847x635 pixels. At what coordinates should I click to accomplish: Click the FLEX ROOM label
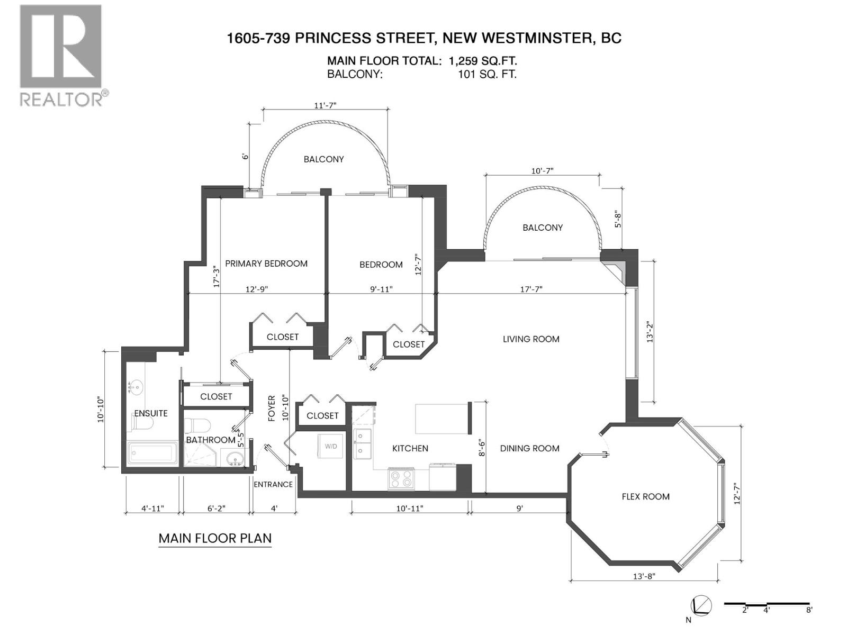pos(645,496)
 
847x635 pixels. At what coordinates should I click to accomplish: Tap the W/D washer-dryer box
pos(331,446)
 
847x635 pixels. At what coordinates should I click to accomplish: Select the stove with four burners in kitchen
pos(401,479)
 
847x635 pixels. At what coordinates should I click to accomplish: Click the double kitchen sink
pos(363,443)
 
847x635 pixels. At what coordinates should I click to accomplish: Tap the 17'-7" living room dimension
pos(531,289)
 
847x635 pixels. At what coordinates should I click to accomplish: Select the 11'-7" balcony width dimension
pos(325,105)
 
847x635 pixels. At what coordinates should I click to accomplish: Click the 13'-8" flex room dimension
pos(644,576)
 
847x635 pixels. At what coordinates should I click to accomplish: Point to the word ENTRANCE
pos(273,484)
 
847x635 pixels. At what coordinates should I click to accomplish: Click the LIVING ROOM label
pos(530,339)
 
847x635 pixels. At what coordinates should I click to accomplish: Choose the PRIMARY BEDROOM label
pos(266,264)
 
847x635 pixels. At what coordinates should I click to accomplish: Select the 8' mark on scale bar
pos(809,610)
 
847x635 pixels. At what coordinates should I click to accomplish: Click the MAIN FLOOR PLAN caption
pos(215,538)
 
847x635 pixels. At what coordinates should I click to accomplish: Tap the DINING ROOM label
pos(529,448)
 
